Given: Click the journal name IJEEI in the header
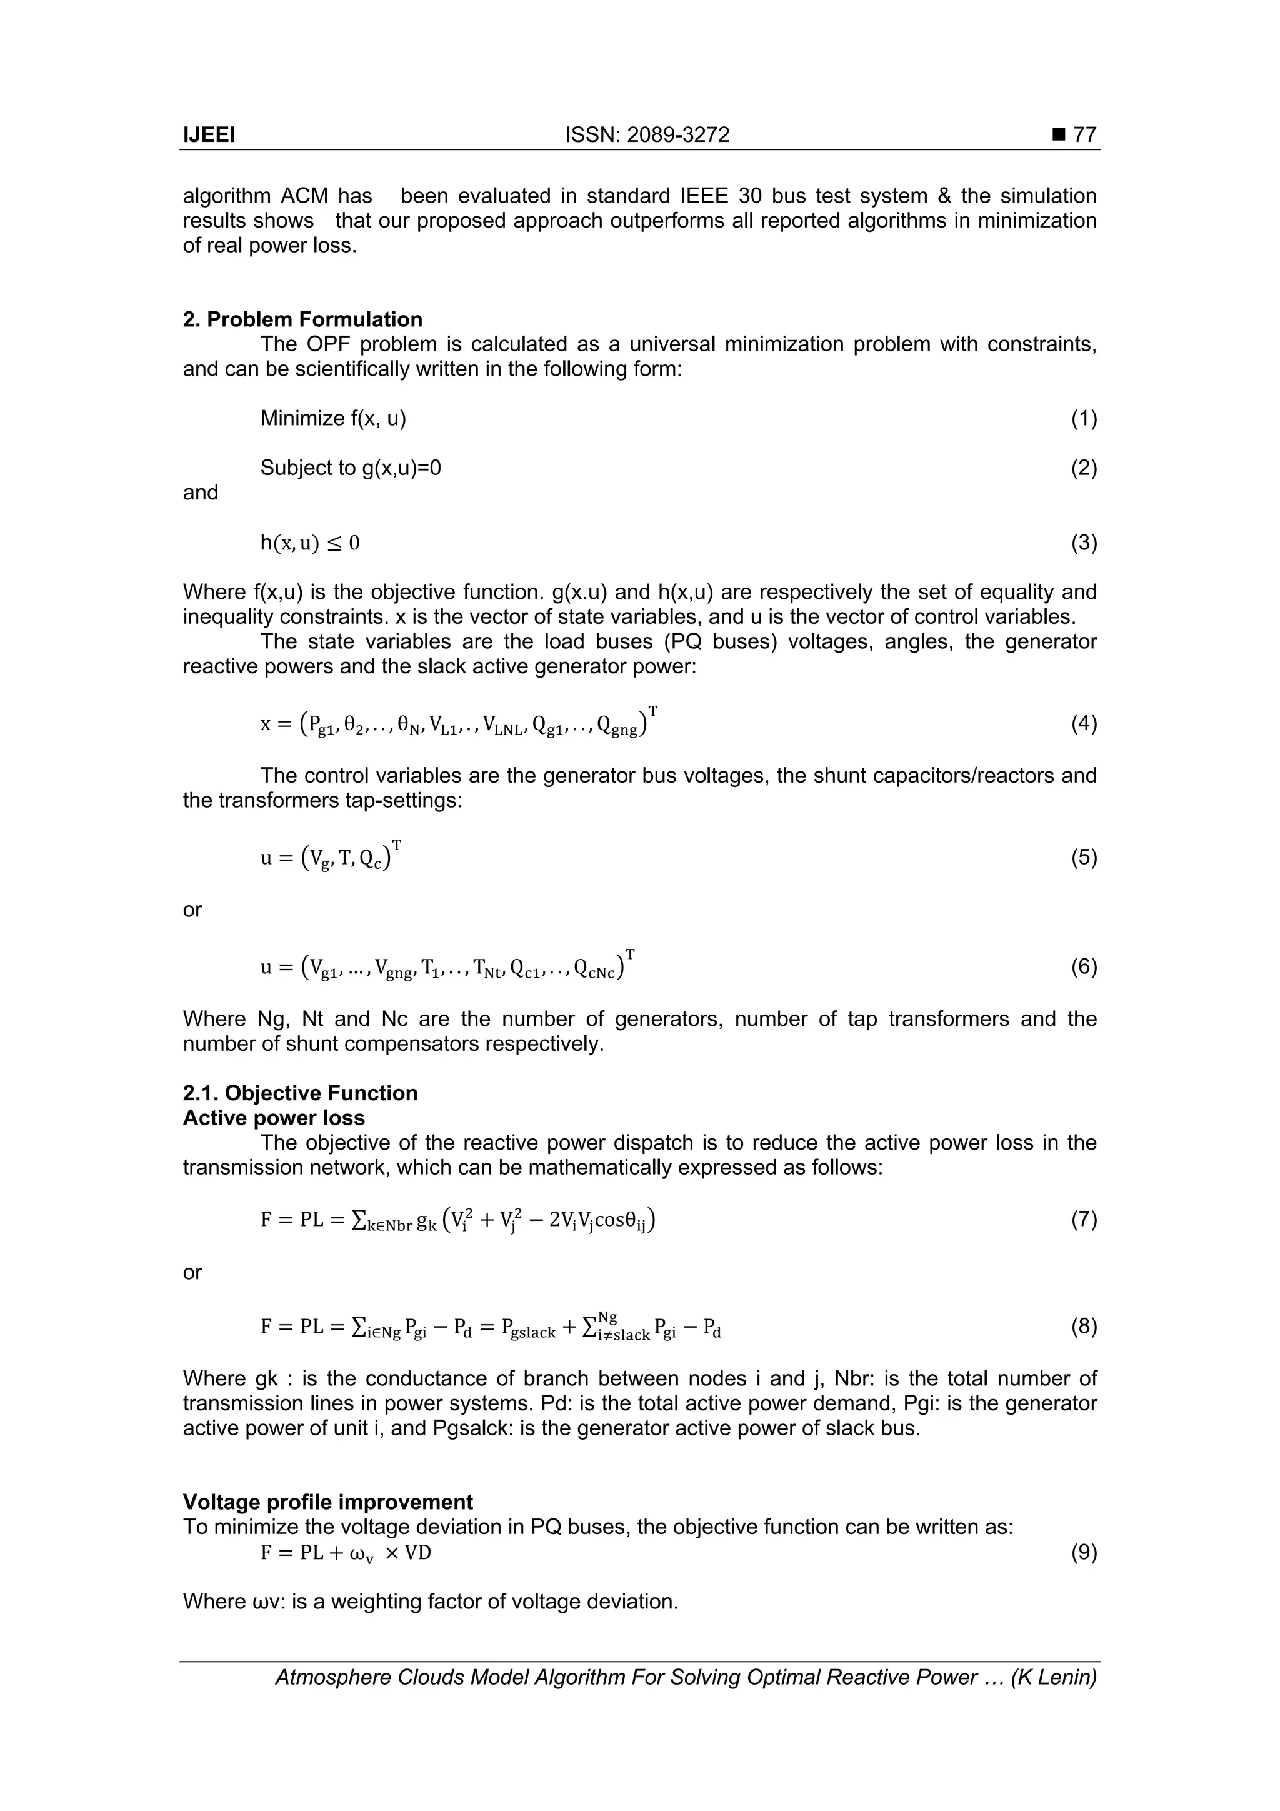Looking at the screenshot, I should pos(209,135).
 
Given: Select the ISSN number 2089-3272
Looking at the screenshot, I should pos(677,135).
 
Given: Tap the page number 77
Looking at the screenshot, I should pos(1085,135).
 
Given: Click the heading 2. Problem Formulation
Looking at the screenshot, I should pos(303,319).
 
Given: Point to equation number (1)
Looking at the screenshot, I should pos(1084,418).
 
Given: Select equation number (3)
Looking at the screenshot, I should pos(1084,543).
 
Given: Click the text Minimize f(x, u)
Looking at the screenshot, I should pos(334,418).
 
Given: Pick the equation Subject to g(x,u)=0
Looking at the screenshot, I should pos(351,468).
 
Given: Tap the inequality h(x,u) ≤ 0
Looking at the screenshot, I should pos(310,543).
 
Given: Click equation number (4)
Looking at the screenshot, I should pos(1084,723).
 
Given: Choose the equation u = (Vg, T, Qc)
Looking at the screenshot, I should pos(331,858).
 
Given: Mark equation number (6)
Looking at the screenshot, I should pos(1084,966).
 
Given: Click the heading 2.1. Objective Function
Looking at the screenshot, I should pos(301,1093).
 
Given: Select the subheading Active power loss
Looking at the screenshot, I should pos(274,1118).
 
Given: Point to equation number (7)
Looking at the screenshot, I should pos(1084,1220).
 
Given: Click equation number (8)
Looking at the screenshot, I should pos(1084,1327).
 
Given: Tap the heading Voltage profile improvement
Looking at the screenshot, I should pos(328,1502).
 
